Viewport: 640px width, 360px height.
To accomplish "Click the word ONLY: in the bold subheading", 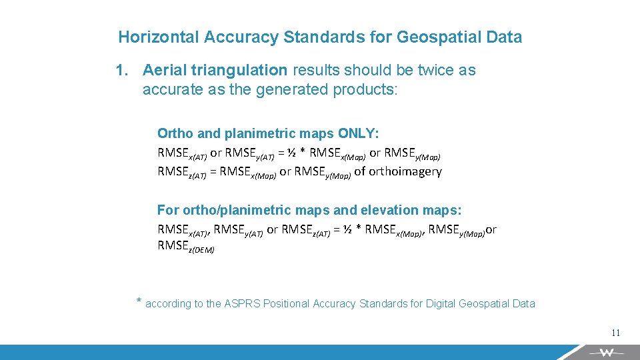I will [x=359, y=133].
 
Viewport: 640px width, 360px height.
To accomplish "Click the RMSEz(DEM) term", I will [x=186, y=247].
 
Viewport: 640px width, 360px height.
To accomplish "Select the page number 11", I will [x=615, y=333].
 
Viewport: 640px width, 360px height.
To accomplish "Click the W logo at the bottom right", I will [x=606, y=352].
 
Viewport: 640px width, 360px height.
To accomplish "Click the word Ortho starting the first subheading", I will [x=173, y=133].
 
